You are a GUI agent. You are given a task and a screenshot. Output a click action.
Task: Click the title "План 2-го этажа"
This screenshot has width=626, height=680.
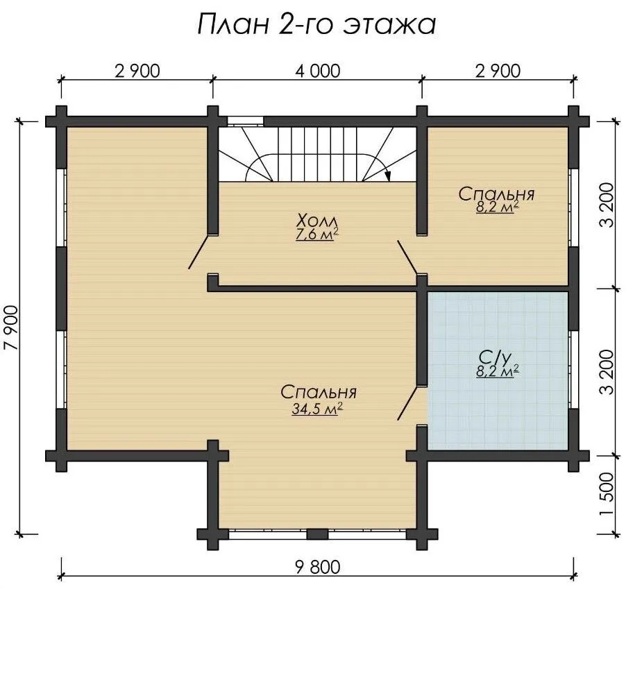tap(316, 24)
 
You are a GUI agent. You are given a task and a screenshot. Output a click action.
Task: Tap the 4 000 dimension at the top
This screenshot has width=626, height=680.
tap(318, 71)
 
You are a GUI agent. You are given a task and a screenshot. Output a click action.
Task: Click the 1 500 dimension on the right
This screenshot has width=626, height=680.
tap(607, 493)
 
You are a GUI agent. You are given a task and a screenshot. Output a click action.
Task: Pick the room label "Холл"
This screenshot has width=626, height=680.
tap(316, 221)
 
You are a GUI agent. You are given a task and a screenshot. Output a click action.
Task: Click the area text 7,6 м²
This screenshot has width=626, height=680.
tap(316, 235)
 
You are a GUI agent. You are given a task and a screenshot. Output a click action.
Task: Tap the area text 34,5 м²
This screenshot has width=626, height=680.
tap(317, 409)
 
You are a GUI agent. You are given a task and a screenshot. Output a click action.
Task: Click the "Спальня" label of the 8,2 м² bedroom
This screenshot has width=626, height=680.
tap(496, 194)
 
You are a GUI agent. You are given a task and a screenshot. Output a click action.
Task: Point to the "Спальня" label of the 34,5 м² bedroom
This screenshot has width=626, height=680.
tap(318, 392)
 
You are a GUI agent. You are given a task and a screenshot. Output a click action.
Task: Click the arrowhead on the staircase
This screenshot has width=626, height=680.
tap(388, 176)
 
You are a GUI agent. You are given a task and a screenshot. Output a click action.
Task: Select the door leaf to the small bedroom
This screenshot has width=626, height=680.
tap(408, 257)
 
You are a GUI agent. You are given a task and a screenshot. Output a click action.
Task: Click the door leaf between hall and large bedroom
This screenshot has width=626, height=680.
tap(200, 251)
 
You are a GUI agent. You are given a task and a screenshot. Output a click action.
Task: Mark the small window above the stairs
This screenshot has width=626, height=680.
tap(246, 121)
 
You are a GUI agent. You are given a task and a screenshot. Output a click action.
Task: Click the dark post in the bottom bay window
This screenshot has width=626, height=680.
tap(317, 534)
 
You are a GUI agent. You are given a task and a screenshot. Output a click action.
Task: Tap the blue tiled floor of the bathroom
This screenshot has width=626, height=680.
tap(498, 403)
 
